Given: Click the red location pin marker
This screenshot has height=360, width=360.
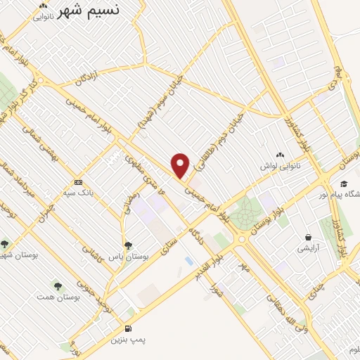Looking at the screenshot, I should tap(181, 165).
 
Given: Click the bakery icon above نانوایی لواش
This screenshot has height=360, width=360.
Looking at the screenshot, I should tap(281, 155).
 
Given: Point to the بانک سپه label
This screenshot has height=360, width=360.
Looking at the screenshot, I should tap(79, 191).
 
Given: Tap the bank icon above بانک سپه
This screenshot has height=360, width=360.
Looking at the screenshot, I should tap(78, 180).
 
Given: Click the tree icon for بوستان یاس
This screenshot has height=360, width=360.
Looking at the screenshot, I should tap(127, 245).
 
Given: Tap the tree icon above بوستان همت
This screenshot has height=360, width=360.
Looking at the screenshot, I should tap(57, 286).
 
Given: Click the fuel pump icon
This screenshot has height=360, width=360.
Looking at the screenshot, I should tap(127, 328).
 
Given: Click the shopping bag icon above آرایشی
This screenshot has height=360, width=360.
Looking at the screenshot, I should tap(307, 237).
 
